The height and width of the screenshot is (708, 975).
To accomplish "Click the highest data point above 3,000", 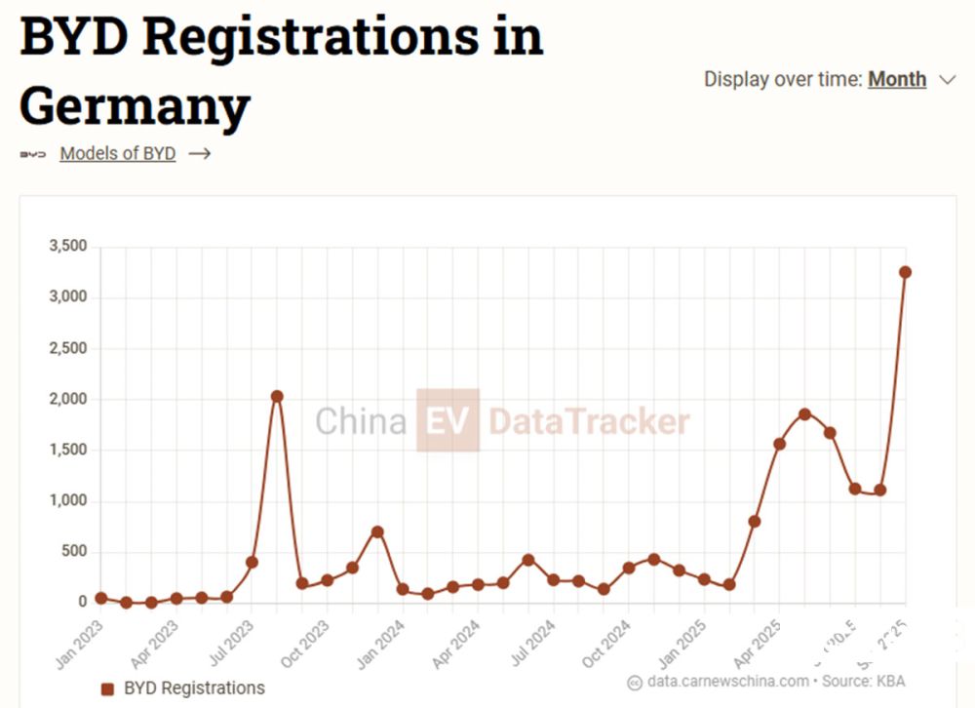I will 905,272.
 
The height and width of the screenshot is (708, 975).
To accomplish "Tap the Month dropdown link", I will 897,79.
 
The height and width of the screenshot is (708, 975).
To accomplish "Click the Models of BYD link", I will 117,153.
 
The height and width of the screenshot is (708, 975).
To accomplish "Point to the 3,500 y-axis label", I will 68,247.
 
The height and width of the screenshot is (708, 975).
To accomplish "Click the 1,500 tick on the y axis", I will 68,451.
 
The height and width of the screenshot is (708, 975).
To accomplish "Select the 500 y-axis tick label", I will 74,552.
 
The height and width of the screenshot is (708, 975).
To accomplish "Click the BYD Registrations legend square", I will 108,688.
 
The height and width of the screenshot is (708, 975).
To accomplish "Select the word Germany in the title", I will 135,105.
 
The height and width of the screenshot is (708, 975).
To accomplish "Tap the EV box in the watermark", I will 448,421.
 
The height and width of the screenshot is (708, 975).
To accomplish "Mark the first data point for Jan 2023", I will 101,598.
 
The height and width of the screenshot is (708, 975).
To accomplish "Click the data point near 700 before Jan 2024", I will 377,531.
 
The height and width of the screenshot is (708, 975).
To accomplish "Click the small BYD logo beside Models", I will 33,154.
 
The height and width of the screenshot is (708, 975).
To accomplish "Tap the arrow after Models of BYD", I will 199,153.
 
